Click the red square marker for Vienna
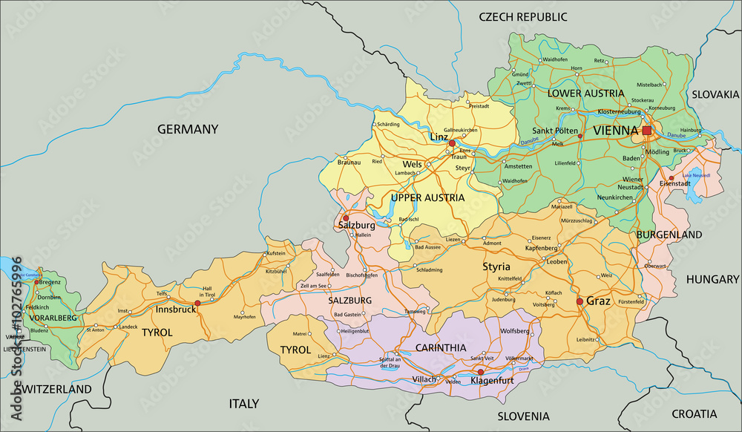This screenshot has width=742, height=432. pos(646,130)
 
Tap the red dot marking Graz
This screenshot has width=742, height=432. pos(580,301)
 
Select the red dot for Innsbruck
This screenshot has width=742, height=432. pos(197,303)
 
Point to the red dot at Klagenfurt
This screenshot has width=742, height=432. pos(480,372)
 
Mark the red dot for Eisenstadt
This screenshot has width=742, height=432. pos(671,178)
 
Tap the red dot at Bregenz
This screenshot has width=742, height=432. pos(36,282)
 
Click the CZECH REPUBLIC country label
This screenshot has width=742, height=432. pos(522,16)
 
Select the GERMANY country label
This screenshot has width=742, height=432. pos(188,129)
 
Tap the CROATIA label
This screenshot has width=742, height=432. pos(695,413)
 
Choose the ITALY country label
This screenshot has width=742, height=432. pos(243,404)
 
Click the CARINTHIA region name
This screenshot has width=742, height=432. pos(441,347)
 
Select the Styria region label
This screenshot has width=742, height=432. pos(497,266)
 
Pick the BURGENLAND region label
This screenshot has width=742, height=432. pos(669,235)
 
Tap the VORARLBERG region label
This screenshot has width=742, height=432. pos(53,318)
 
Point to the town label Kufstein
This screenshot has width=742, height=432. pos(275,253)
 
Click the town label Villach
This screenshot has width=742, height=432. pos(424,380)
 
